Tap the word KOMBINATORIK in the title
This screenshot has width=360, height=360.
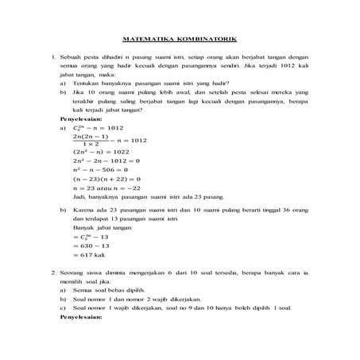pyautogui.click(x=203, y=39)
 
